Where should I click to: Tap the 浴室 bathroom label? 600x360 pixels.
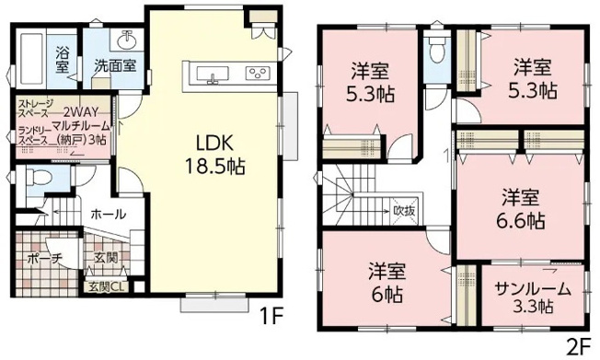[62, 58]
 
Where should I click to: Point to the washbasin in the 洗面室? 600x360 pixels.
[125, 41]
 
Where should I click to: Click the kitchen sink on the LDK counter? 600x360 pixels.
[212, 74]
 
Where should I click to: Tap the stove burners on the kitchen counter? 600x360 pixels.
[255, 74]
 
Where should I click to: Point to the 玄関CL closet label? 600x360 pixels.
[107, 285]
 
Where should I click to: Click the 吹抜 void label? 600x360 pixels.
[405, 210]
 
